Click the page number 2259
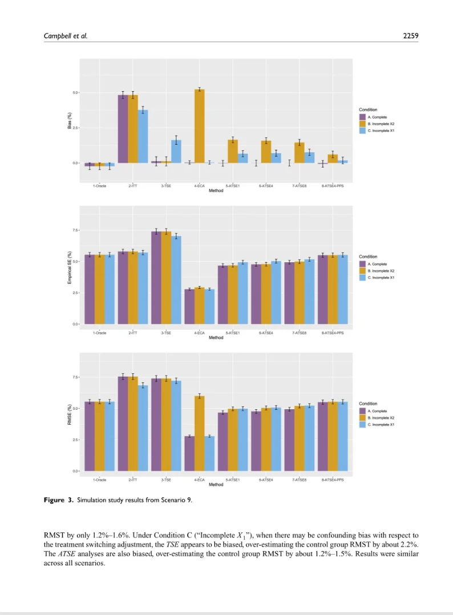click(410, 36)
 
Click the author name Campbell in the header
click(59, 36)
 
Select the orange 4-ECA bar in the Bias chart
click(200, 126)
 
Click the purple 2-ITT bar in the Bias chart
click(123, 129)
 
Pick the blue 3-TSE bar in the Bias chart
click(176, 152)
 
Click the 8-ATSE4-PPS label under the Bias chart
click(332, 186)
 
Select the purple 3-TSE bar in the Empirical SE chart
click(156, 278)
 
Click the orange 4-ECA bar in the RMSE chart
click(200, 433)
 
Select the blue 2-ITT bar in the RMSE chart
click(143, 428)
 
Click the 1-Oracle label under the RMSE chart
click(101, 480)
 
